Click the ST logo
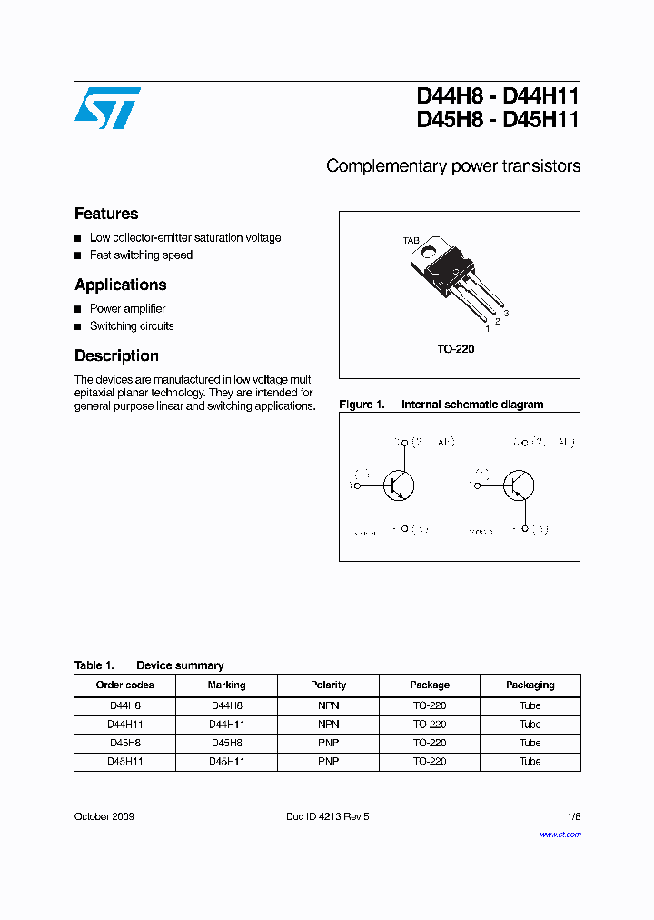(107, 108)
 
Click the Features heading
(106, 214)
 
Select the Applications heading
(121, 285)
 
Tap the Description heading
(116, 355)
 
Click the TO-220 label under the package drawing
(455, 349)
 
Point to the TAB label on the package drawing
(411, 241)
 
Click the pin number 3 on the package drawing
(506, 313)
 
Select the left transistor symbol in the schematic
(397, 485)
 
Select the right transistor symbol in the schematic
(518, 485)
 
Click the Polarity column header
(328, 685)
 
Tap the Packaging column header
(530, 685)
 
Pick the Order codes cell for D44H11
(125, 725)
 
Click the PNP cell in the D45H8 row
(328, 743)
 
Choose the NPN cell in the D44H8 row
(328, 705)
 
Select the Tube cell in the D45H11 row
(530, 762)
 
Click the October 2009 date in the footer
(104, 816)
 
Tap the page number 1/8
(573, 816)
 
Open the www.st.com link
(560, 835)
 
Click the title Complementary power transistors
(453, 166)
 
